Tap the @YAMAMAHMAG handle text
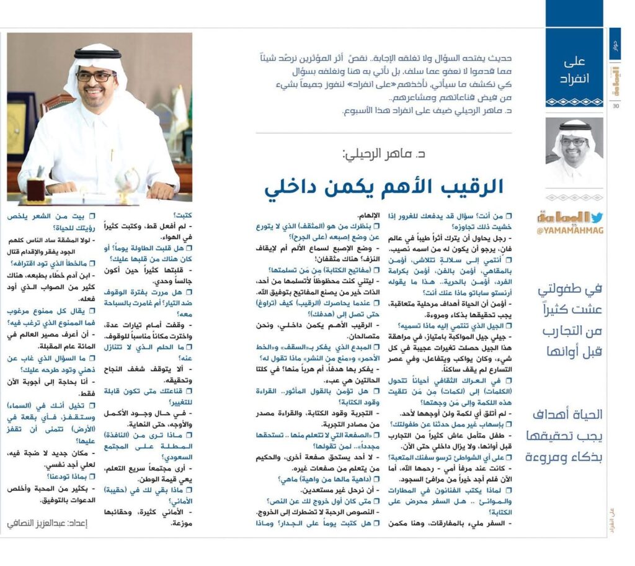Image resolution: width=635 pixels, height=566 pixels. point(570,231)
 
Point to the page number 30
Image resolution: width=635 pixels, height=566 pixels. point(616,106)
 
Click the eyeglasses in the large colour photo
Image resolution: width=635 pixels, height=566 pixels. point(96,76)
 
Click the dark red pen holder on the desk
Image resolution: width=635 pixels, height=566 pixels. point(36,189)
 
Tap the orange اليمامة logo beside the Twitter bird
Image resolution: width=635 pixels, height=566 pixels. point(562,218)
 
